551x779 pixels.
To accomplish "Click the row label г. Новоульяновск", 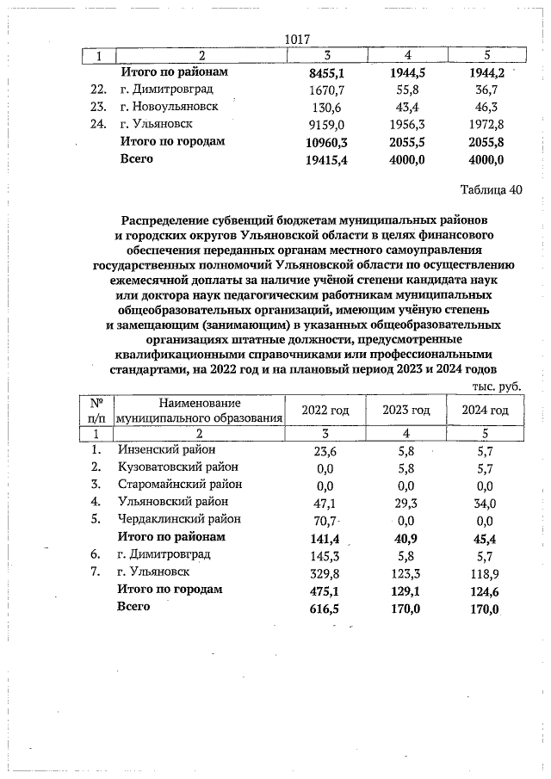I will [x=169, y=107].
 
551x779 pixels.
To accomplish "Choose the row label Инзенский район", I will [x=166, y=449].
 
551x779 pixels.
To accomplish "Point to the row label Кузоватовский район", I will [x=178, y=467].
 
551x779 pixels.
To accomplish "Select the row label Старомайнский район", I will [x=180, y=484].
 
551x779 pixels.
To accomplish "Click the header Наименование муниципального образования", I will [x=200, y=411].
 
